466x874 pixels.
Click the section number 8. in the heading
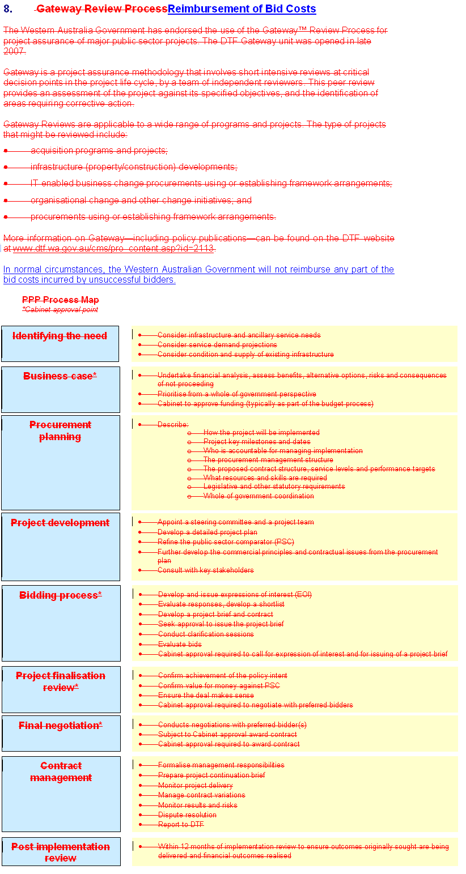point(8,9)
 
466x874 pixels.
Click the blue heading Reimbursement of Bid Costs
point(242,9)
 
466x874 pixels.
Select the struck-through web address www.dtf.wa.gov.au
point(113,249)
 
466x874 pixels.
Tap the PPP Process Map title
point(61,300)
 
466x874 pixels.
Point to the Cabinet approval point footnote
point(60,310)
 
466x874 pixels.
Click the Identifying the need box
point(60,343)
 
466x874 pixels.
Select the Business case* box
point(60,389)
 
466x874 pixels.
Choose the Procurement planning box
point(60,462)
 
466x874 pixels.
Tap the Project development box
point(60,547)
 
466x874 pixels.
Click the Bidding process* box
point(61,623)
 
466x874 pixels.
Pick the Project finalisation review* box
point(61,689)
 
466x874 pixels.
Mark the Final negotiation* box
point(61,733)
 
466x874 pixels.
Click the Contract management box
point(61,794)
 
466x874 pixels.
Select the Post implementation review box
point(61,851)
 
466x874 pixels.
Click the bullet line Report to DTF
point(181,825)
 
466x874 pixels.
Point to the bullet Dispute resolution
point(187,815)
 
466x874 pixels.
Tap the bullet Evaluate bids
point(180,644)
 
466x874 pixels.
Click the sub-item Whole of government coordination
point(259,496)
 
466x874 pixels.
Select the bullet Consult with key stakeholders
point(206,570)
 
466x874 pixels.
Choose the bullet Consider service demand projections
point(217,345)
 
